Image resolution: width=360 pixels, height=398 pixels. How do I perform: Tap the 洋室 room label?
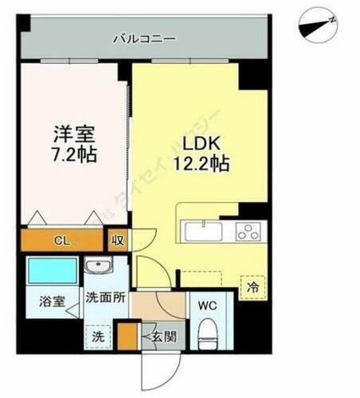pos(72,133)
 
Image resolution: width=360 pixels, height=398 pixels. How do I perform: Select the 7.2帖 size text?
pos(72,154)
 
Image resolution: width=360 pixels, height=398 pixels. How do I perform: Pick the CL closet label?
pos(61,240)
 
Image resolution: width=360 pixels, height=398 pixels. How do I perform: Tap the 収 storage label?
pos(117,240)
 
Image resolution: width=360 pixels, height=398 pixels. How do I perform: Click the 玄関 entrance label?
pos(164,336)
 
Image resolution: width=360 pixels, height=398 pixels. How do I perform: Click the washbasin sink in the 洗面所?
pos(99,266)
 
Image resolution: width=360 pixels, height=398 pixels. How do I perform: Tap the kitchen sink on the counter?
pos(204,232)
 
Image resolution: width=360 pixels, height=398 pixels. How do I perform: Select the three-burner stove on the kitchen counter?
pos(248,232)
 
